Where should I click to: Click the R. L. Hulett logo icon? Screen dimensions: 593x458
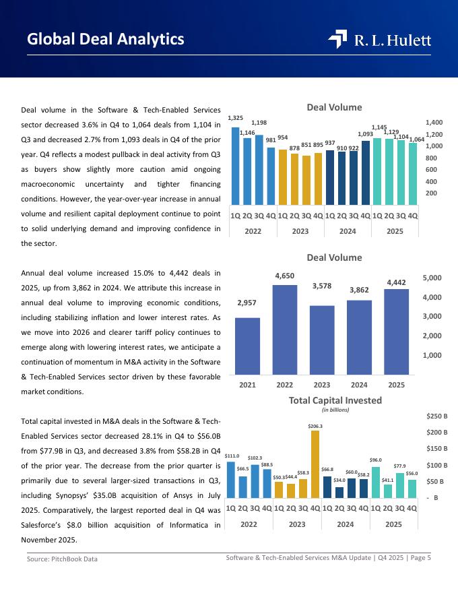click(337, 40)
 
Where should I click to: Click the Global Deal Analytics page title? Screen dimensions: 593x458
click(106, 39)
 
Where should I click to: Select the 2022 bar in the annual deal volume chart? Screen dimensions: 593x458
click(284, 330)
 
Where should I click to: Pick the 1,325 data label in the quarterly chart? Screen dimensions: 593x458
click(235, 119)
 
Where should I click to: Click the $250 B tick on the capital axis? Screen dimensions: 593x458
click(438, 416)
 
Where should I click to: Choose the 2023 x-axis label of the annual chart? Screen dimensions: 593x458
click(321, 385)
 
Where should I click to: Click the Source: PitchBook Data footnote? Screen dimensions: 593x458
click(62, 559)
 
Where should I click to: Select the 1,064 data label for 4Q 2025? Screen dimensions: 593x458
click(416, 139)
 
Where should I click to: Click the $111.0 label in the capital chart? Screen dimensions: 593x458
click(232, 456)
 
